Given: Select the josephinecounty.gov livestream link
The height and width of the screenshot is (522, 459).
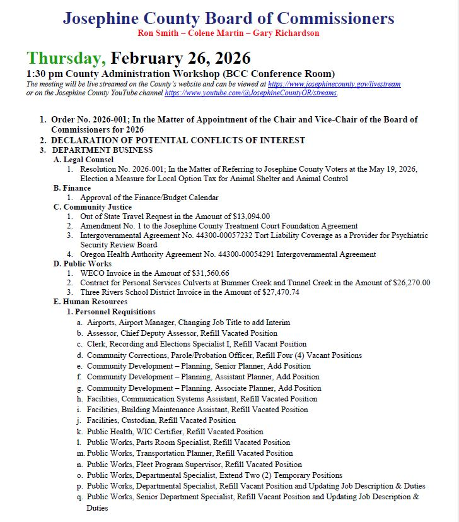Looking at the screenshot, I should coord(334,84).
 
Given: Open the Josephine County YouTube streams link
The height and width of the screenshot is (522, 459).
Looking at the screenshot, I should coord(251,93).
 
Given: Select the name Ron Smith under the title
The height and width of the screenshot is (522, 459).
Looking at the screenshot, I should coord(157,33).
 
